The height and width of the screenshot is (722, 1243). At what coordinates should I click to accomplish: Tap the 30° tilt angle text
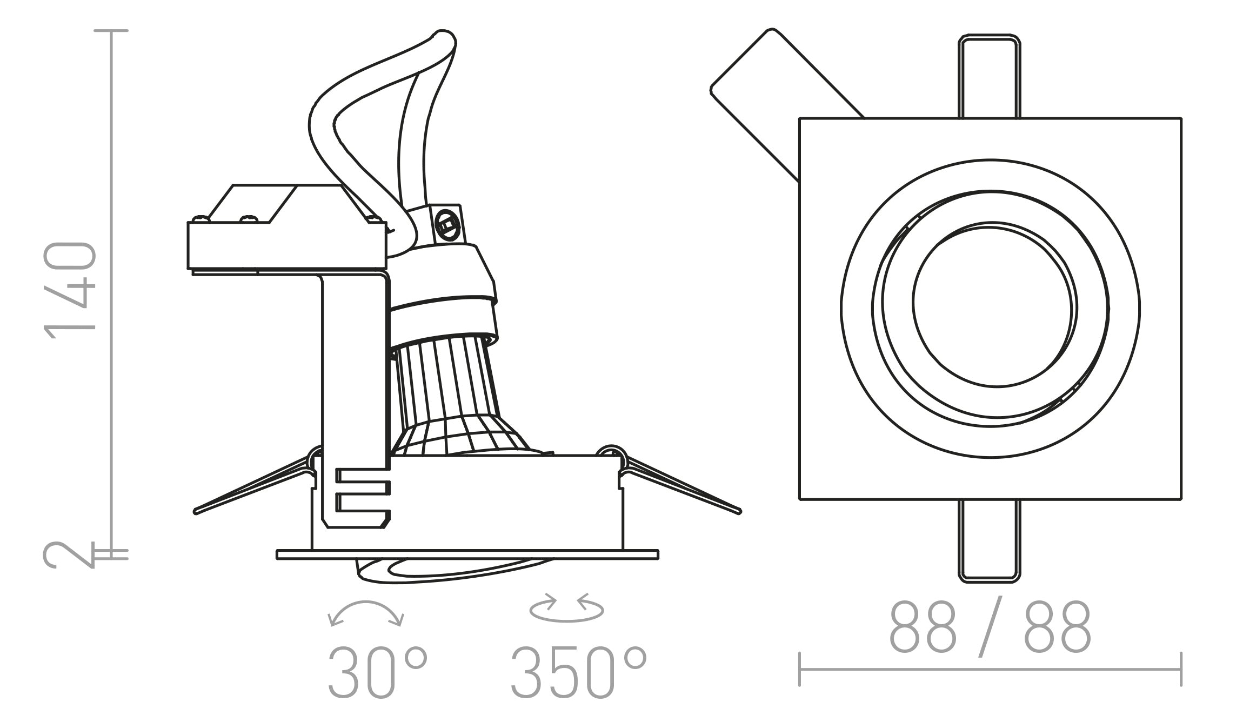click(377, 672)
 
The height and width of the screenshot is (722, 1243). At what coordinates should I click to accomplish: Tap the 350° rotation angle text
click(578, 672)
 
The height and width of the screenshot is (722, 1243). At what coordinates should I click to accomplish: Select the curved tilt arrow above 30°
click(366, 612)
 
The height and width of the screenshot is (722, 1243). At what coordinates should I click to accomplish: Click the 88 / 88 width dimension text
click(989, 628)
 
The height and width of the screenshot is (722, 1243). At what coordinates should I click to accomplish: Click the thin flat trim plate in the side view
click(467, 554)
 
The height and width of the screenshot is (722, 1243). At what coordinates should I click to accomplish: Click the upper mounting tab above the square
click(989, 76)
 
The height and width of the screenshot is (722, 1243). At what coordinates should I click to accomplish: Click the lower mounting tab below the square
click(989, 540)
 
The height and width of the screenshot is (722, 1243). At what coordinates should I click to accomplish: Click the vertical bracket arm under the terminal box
click(354, 378)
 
